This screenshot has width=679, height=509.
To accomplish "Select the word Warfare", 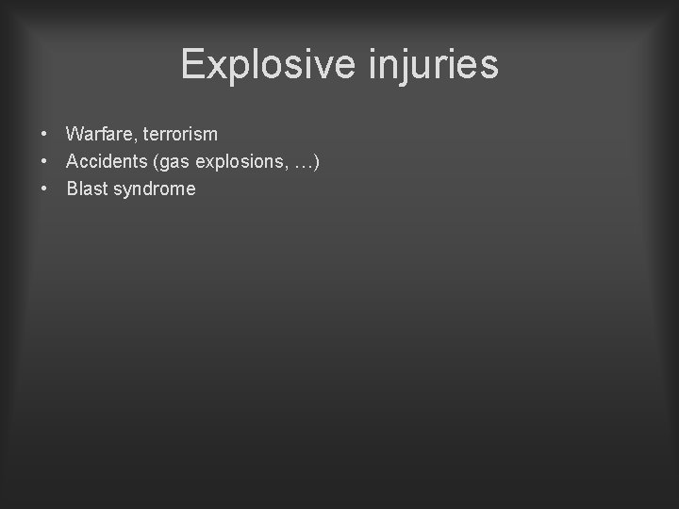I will tap(98, 136).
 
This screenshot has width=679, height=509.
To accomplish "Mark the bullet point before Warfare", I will tap(45, 136).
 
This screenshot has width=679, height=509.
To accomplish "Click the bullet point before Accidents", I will tap(45, 162).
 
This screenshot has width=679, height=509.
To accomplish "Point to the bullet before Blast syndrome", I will tap(45, 189).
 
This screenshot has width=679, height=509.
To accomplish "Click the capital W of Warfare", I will tap(74, 136).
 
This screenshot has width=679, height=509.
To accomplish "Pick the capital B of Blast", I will tap(72, 189).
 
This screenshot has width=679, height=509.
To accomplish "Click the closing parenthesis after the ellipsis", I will tap(316, 163).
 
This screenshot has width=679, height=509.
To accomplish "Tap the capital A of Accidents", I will tap(73, 162).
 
